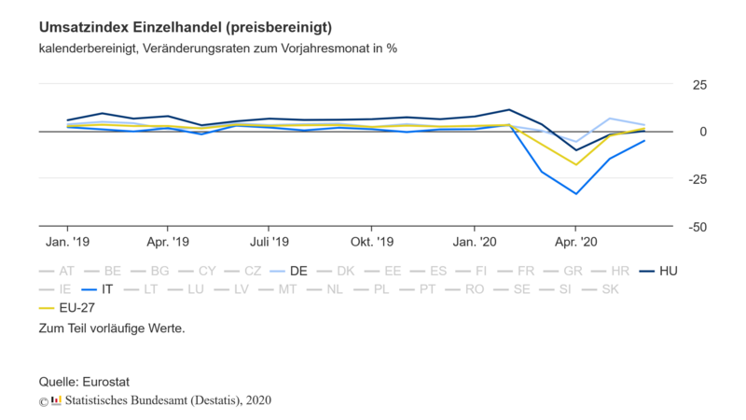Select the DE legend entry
coord(298,271)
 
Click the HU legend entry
coord(668,271)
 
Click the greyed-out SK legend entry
coord(610,289)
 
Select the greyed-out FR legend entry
coord(525,271)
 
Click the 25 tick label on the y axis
coord(699,85)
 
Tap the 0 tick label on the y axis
coord(702,132)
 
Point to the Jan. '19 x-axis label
coord(68,242)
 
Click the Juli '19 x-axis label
coord(269,242)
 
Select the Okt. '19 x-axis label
coord(371,242)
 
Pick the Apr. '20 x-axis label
coord(576,242)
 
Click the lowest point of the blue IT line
coord(576,194)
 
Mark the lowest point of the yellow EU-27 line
coord(576,165)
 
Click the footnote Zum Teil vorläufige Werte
coord(112,329)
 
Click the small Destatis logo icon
coord(56,399)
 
